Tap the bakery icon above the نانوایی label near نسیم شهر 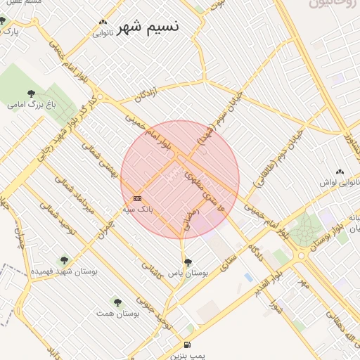[x=103, y=22]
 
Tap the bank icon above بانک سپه [x=136, y=199]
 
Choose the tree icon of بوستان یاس [x=186, y=262]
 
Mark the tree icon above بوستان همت [x=117, y=302]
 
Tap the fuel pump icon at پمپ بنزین [x=186, y=345]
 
